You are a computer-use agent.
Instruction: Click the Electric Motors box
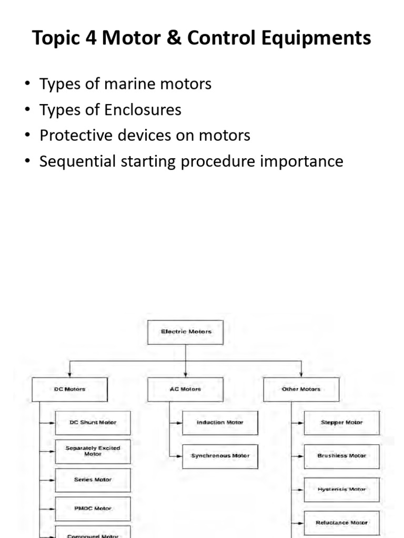[x=186, y=332]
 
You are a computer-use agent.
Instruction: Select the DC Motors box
[x=69, y=389]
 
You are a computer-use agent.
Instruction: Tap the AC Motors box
[x=186, y=389]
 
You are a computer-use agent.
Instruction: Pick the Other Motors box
[x=301, y=389]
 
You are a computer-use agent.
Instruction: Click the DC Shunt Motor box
[x=93, y=422]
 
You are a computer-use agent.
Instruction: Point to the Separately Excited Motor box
[x=93, y=451]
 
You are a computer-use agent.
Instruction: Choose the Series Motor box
[x=93, y=480]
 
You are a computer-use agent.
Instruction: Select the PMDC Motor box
[x=93, y=509]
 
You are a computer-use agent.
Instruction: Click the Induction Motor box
[x=220, y=422]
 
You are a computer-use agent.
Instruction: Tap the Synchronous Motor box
[x=220, y=456]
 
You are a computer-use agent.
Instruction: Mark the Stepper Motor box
[x=341, y=422]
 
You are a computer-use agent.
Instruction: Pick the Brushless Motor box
[x=341, y=456]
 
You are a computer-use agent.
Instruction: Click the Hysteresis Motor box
[x=341, y=490]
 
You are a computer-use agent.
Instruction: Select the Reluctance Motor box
[x=341, y=523]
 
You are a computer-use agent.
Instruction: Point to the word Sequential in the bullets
[x=74, y=161]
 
